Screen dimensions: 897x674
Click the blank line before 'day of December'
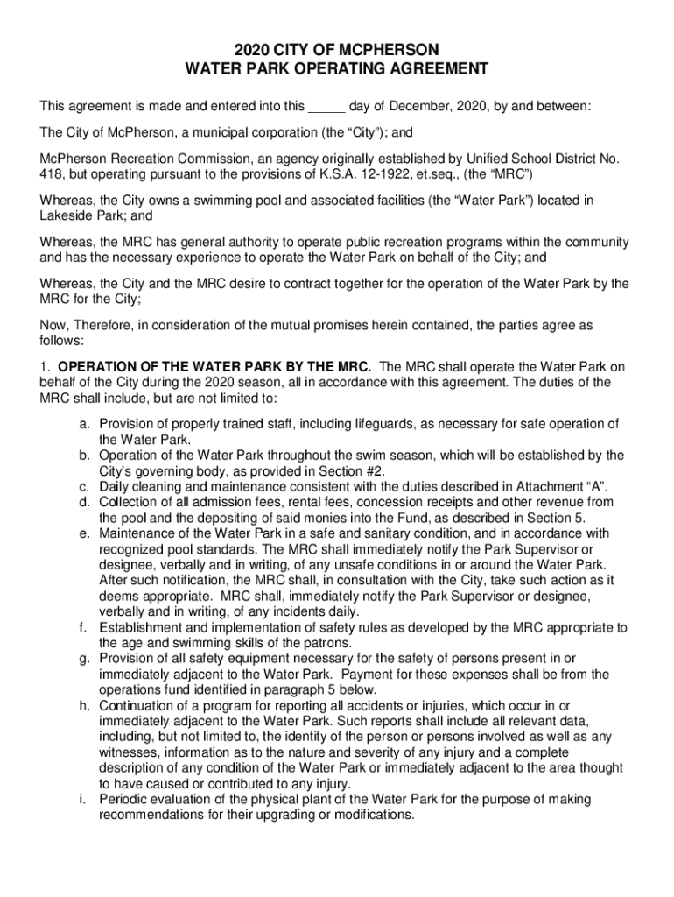click(x=326, y=108)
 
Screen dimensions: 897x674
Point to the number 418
click(x=52, y=174)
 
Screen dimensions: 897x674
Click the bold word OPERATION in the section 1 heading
click(x=97, y=366)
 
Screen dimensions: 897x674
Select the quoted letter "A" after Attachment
click(x=593, y=486)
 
